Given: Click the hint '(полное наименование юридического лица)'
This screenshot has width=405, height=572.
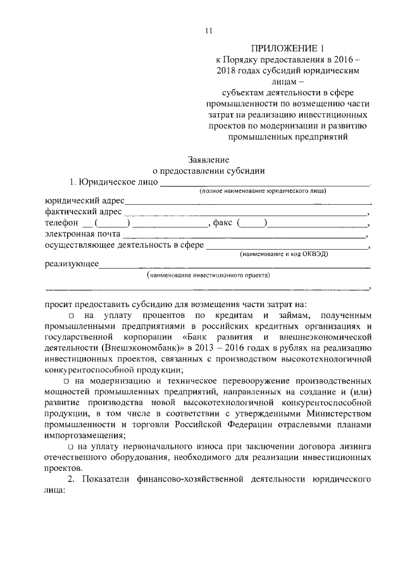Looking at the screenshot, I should tap(263, 191).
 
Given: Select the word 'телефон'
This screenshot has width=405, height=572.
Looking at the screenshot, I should tap(61, 223).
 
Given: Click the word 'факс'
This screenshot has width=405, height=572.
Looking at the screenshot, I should tap(222, 223).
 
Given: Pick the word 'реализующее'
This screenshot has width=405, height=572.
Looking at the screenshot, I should tap(72, 264).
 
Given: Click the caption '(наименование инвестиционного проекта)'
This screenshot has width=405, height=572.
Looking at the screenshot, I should tap(208, 276).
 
